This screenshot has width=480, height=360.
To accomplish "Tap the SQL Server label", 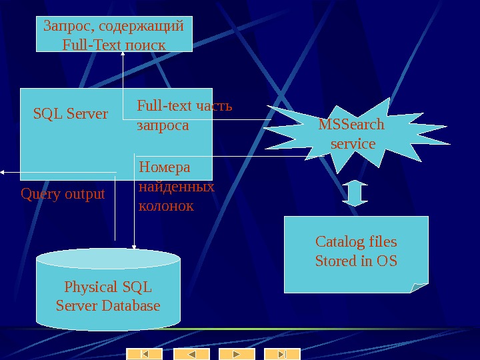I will pos(71,114).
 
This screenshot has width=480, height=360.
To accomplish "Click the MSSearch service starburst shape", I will pos(351,133).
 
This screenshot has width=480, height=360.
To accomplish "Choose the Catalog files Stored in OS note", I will pos(356,251).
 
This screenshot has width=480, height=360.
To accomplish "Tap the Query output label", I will pos(63,194).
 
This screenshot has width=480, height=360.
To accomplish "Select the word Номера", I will pos(164,167).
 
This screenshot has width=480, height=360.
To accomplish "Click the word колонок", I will pos(166,206).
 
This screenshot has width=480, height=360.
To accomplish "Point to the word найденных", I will pos(176,187).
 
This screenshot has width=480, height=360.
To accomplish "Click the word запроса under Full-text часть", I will pos(163,125).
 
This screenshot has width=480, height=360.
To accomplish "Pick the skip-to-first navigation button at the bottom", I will pos(145,354).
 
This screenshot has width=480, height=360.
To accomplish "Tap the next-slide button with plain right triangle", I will pos(237,354).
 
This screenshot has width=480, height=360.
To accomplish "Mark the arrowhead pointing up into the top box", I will pos(123,55).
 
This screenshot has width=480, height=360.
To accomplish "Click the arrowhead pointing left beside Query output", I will pos(3,172).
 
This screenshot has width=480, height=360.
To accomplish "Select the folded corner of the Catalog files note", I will pos(419,287).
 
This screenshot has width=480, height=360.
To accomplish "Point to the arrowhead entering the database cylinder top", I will pos(134,246).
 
